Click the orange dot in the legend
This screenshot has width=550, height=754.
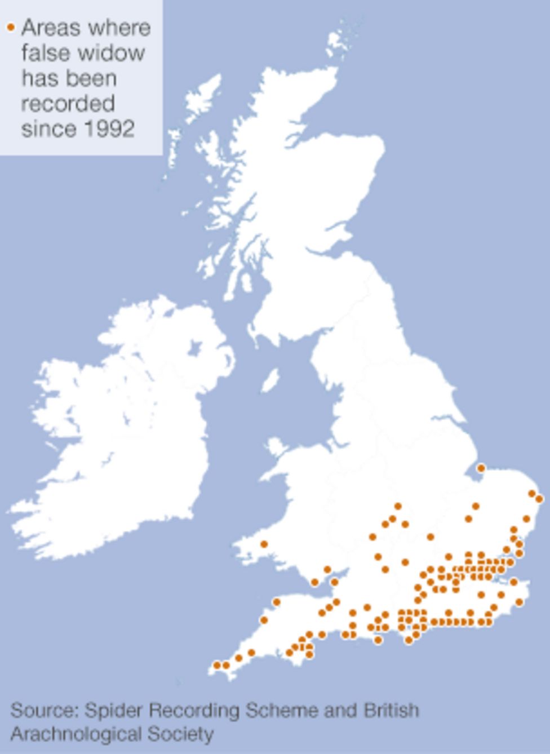click(x=11, y=27)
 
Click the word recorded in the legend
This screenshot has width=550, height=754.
click(x=68, y=104)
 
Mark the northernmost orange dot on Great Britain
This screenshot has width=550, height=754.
click(x=481, y=468)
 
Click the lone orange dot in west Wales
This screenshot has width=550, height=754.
click(x=264, y=544)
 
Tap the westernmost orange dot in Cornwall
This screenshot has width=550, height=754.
click(x=217, y=666)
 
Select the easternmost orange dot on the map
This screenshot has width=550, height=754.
click(x=539, y=499)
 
